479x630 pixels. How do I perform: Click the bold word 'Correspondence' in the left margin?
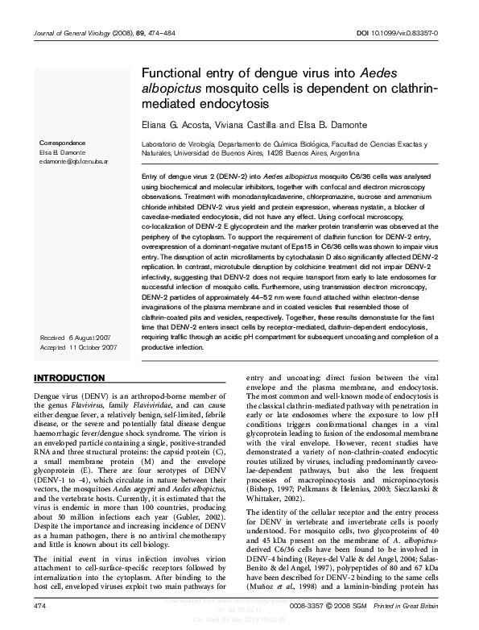(62, 143)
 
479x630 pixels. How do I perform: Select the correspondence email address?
(74, 160)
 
